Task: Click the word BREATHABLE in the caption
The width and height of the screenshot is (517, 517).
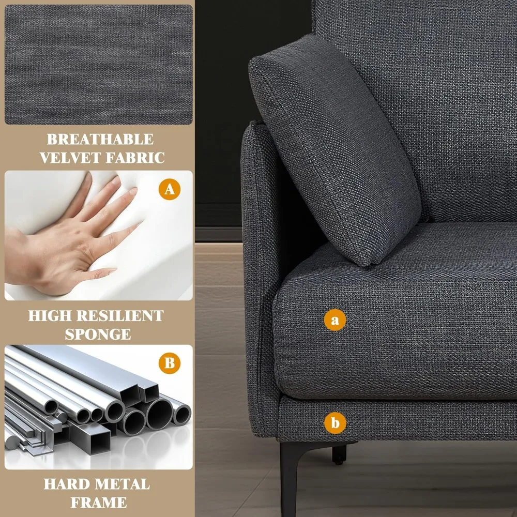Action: coord(100,140)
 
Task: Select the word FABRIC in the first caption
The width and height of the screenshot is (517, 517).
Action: coord(133,158)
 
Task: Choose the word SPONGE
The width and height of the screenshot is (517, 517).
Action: coord(98,334)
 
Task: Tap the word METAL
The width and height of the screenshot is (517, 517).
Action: coord(123,484)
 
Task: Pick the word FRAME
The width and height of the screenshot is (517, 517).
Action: coord(98,502)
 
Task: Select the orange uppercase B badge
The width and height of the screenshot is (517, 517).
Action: coord(170,363)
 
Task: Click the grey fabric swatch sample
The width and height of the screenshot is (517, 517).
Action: coord(98,65)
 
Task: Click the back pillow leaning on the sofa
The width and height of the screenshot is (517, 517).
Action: coord(336,150)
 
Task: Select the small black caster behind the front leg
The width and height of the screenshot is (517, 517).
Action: coord(339,454)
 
